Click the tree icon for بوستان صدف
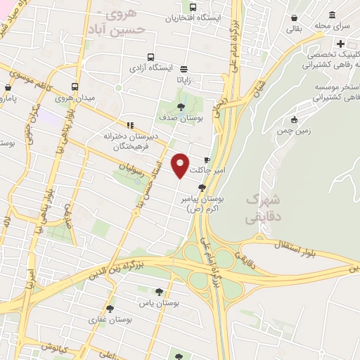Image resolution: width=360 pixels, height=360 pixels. (181, 107)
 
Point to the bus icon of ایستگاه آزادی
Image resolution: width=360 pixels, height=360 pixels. (150, 58)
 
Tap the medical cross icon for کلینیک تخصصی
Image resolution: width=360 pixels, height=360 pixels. (341, 44)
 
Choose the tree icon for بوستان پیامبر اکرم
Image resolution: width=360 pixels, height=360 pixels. (202, 188)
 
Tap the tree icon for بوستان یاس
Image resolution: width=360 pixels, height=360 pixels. (160, 290)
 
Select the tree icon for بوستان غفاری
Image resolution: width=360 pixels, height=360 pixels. (109, 308)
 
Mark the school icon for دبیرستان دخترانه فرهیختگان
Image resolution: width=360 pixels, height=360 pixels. (129, 124)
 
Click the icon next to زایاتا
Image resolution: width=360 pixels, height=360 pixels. (184, 69)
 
